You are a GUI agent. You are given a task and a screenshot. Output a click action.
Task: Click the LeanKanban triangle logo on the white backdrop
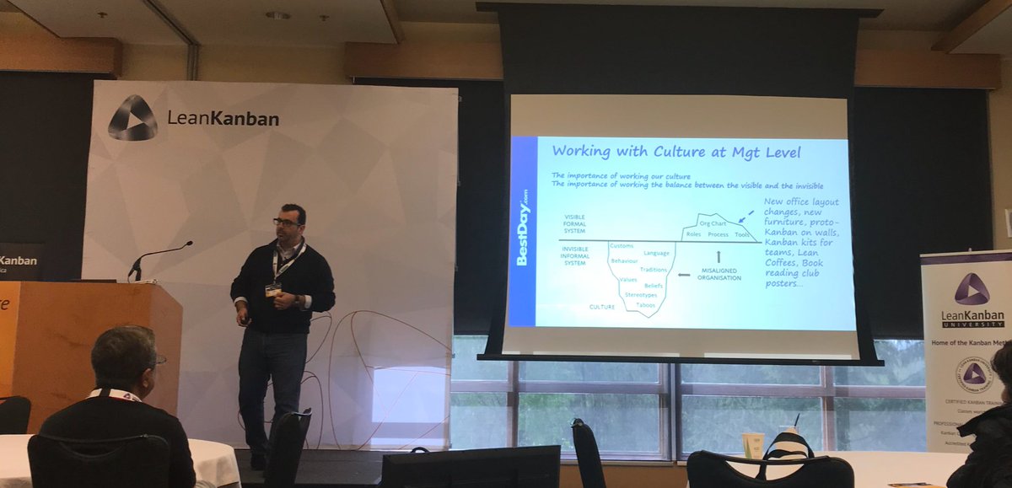(132, 117)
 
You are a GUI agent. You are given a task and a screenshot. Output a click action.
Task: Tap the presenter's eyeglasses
(286, 223)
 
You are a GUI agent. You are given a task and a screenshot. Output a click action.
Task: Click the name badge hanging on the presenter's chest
(273, 290)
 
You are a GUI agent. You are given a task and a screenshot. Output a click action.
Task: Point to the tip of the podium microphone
(190, 244)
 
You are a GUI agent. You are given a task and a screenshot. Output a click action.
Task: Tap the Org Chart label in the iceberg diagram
(713, 223)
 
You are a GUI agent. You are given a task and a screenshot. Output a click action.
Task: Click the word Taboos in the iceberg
(646, 304)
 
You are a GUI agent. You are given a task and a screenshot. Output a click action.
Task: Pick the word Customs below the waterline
(622, 245)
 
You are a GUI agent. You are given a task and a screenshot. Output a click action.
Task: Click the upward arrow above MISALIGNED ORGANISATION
(718, 255)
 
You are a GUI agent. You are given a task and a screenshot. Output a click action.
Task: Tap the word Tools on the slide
(742, 234)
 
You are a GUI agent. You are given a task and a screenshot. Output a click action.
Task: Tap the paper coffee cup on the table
(752, 444)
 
